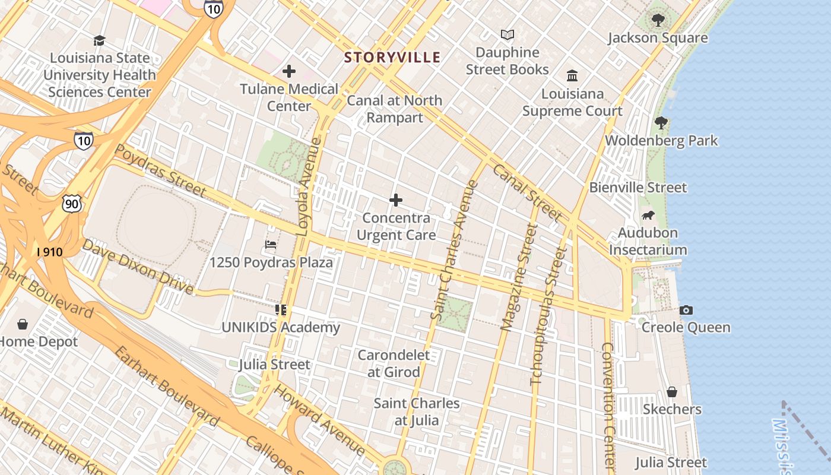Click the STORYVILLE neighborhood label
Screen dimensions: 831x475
392,58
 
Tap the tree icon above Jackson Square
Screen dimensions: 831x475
658,20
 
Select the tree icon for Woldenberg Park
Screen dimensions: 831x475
661,123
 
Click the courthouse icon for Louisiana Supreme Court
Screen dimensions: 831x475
572,76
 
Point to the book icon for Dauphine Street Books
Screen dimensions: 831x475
507,34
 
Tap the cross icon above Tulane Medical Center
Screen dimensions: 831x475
289,72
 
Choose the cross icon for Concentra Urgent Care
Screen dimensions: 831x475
396,200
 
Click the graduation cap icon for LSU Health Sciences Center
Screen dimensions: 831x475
99,40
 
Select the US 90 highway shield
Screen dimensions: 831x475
71,204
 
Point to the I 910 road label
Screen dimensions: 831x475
49,252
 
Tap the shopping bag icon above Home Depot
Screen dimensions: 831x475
23,324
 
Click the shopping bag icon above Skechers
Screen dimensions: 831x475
672,392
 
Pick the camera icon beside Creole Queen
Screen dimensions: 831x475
686,310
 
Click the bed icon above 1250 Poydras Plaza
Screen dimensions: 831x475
271,244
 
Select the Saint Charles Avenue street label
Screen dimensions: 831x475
454,249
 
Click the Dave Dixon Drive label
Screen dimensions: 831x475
137,267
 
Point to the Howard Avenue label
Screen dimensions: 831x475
319,419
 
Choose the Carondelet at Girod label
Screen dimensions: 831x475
394,363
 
